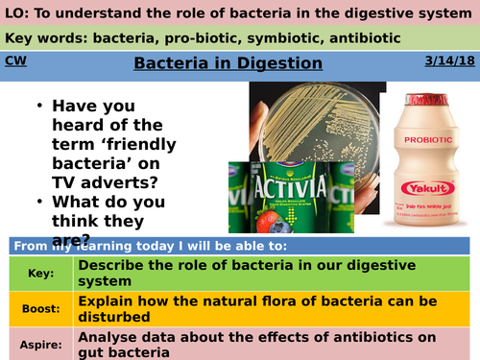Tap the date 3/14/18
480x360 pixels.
(x=449, y=61)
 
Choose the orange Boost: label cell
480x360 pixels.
(x=37, y=306)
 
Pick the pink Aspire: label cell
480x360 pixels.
(x=37, y=340)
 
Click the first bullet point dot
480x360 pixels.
(x=37, y=108)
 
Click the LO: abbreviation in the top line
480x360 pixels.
(x=16, y=12)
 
